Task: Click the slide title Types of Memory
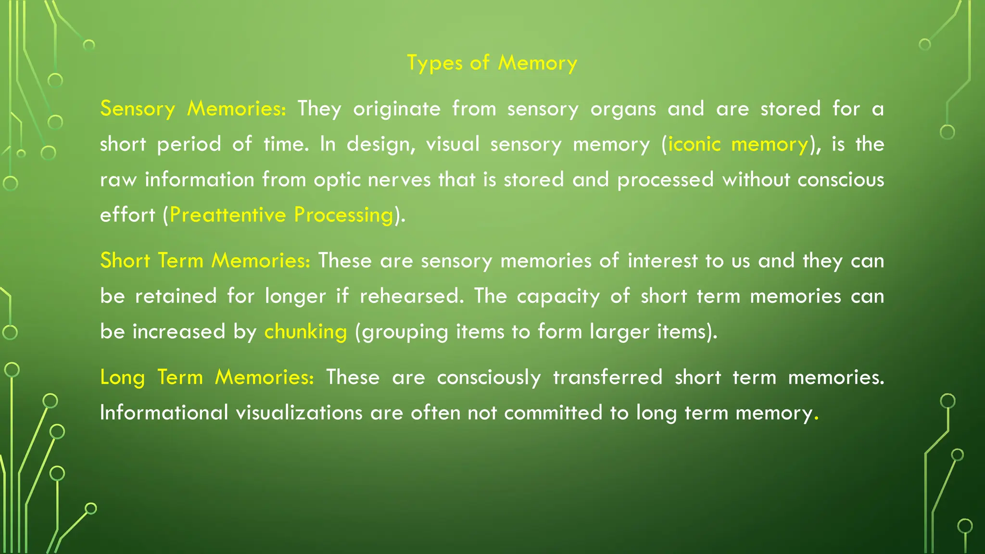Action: coord(492,63)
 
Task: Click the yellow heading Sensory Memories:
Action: coord(193,109)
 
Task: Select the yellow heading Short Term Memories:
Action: coord(205,261)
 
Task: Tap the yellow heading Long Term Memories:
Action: coord(207,377)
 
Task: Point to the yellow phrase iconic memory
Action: coord(738,144)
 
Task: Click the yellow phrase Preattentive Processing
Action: coord(281,215)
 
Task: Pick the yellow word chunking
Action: coord(305,332)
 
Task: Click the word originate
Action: coord(397,109)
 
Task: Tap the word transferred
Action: coord(607,377)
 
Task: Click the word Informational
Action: coord(164,413)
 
